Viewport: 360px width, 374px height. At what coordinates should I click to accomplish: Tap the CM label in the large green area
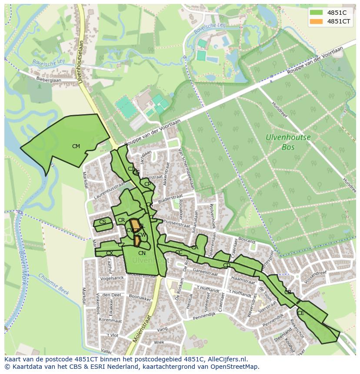tap(76, 146)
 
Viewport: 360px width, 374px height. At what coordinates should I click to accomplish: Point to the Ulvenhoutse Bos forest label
tap(288, 142)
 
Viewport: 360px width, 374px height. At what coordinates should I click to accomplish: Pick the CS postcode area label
tap(103, 222)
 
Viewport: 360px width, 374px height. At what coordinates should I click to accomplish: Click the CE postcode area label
tap(301, 313)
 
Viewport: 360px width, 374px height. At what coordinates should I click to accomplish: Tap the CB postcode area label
tap(288, 292)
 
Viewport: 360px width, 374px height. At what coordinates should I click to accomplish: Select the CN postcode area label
tap(142, 253)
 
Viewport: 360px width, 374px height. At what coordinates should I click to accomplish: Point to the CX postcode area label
tap(110, 253)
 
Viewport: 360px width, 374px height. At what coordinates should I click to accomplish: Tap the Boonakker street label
tap(140, 298)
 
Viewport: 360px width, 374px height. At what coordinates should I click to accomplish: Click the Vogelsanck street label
tap(110, 278)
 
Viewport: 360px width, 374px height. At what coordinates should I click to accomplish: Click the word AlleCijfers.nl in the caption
tap(226, 359)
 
